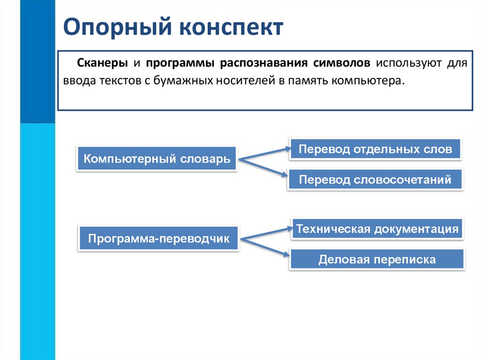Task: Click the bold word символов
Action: pos(342,63)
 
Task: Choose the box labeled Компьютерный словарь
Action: pos(157,159)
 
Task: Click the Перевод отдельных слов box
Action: pos(375,150)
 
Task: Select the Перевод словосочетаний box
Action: pos(375,179)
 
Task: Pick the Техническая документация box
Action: pos(377,230)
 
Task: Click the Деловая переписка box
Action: pos(377,259)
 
